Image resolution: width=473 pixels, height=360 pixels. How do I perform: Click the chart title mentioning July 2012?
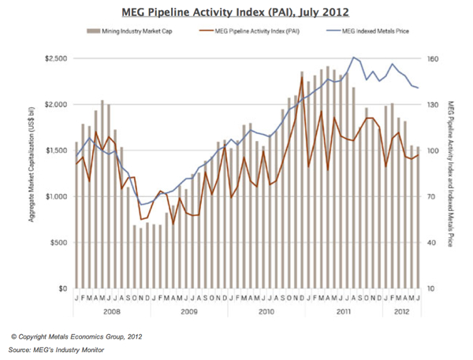[236, 13]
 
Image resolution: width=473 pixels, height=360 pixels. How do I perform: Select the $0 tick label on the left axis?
[64, 289]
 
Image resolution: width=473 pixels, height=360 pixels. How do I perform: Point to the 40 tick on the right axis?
[433, 243]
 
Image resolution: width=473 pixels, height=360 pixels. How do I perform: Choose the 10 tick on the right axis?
[433, 289]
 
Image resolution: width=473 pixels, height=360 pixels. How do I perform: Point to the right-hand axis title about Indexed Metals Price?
[453, 173]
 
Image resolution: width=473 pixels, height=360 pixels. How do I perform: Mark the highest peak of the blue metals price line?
[352, 58]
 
